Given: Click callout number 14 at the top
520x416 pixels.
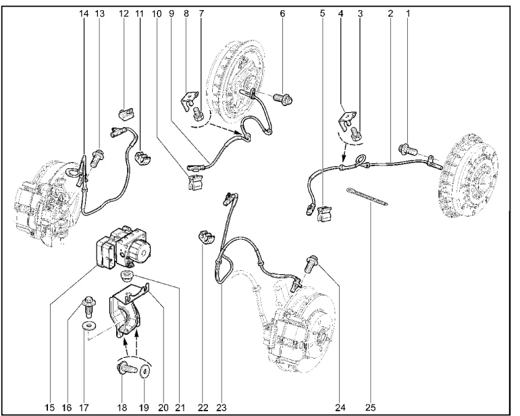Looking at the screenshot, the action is point(84,14).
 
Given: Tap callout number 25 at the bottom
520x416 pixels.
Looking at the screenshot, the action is point(371,407).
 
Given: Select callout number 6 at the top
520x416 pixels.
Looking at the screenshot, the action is point(282,14).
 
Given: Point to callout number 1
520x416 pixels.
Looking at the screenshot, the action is point(409,14).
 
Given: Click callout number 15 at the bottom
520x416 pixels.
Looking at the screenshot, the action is point(50,407).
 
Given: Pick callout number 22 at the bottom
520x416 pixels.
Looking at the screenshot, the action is point(203,407).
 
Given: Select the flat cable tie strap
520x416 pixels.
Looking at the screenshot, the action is point(367,197).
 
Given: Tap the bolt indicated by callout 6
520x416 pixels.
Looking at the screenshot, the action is point(283,99).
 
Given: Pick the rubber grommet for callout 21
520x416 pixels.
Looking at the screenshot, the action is point(126,274).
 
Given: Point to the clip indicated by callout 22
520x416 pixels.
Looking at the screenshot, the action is point(207,237).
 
